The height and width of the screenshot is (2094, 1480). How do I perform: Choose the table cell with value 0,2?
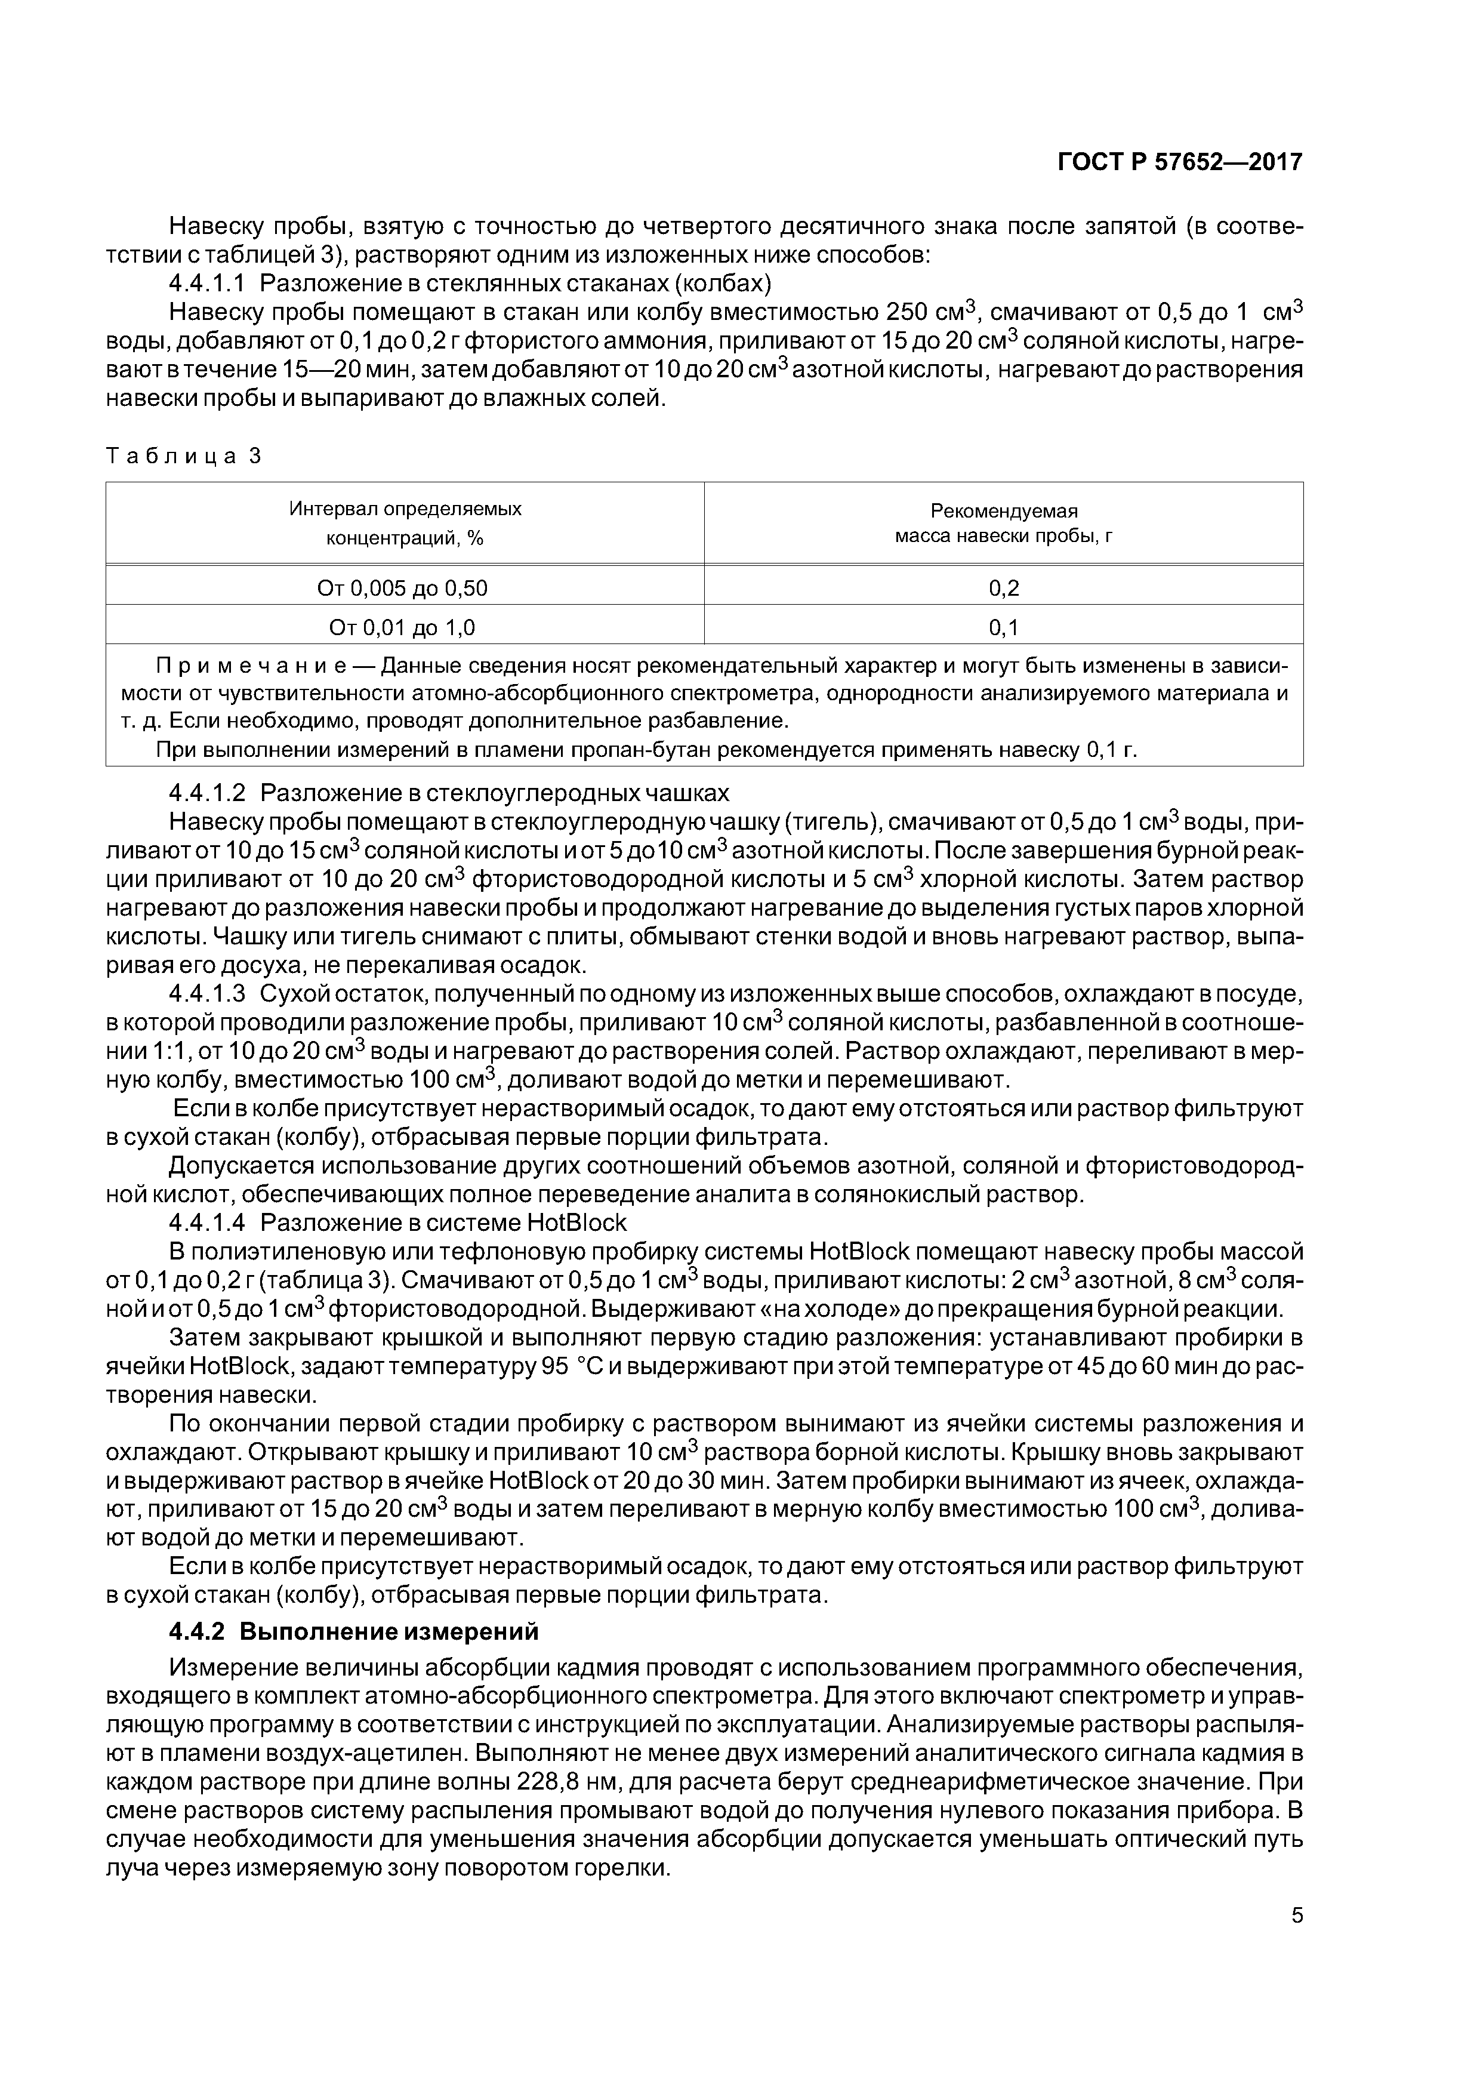coord(1003,588)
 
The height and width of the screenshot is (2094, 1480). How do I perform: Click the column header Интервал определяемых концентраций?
coord(405,522)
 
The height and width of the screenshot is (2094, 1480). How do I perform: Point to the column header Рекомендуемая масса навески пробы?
coord(1003,522)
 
